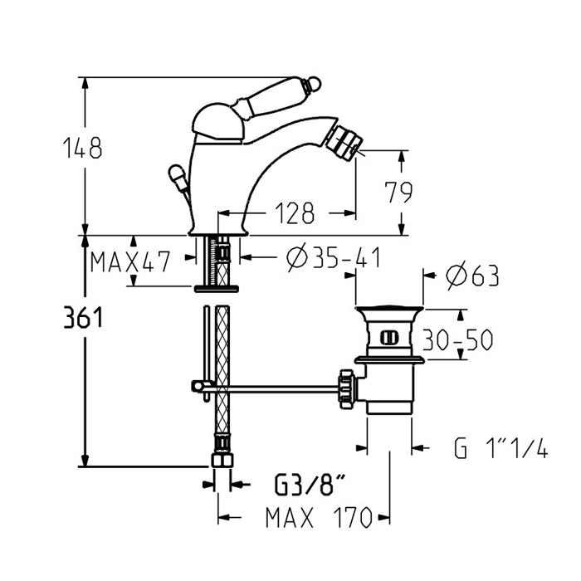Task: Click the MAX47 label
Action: click(130, 263)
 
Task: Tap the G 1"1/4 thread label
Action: click(501, 449)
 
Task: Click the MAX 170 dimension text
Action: click(317, 518)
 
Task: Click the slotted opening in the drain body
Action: click(387, 336)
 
